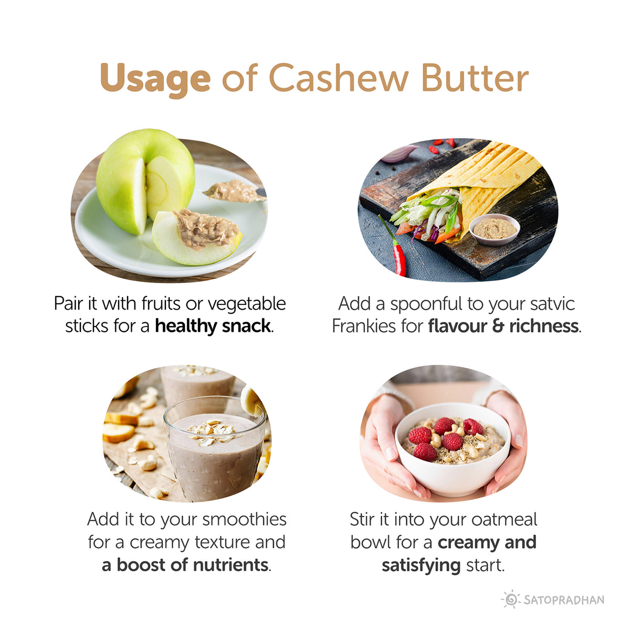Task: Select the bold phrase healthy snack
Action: tap(213, 326)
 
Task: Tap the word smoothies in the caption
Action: tap(244, 519)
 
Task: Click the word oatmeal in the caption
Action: tap(505, 519)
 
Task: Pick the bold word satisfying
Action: tap(421, 565)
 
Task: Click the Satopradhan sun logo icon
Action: tap(510, 600)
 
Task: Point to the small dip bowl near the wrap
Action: tap(494, 229)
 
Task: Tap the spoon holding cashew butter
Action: tap(236, 192)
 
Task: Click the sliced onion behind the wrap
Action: tap(399, 154)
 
